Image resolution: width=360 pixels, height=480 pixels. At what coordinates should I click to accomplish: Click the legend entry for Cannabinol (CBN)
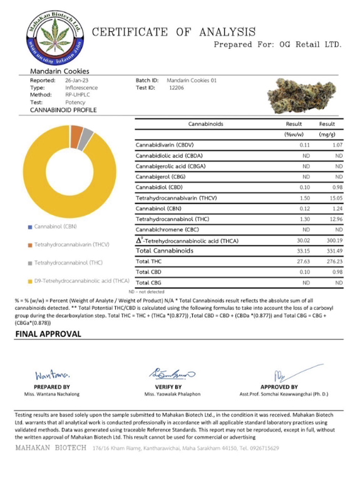click(57, 226)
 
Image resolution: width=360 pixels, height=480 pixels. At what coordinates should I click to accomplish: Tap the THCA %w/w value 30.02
click(305, 240)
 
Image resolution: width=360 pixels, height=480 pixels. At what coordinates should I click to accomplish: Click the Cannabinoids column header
click(205, 124)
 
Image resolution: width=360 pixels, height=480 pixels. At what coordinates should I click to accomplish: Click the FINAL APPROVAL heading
click(48, 334)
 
